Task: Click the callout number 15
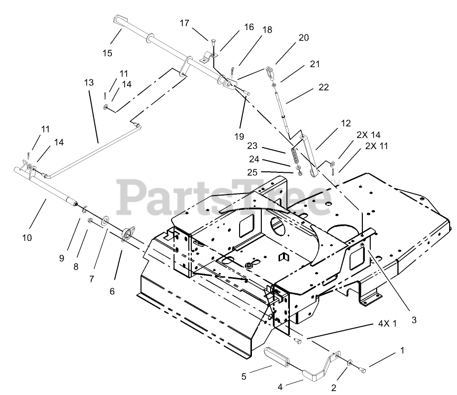[107, 53]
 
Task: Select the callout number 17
[184, 23]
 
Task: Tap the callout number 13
[89, 82]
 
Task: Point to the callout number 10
[27, 237]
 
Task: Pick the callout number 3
[414, 320]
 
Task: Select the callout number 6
[112, 291]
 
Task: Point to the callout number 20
[304, 38]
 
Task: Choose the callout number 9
[62, 258]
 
